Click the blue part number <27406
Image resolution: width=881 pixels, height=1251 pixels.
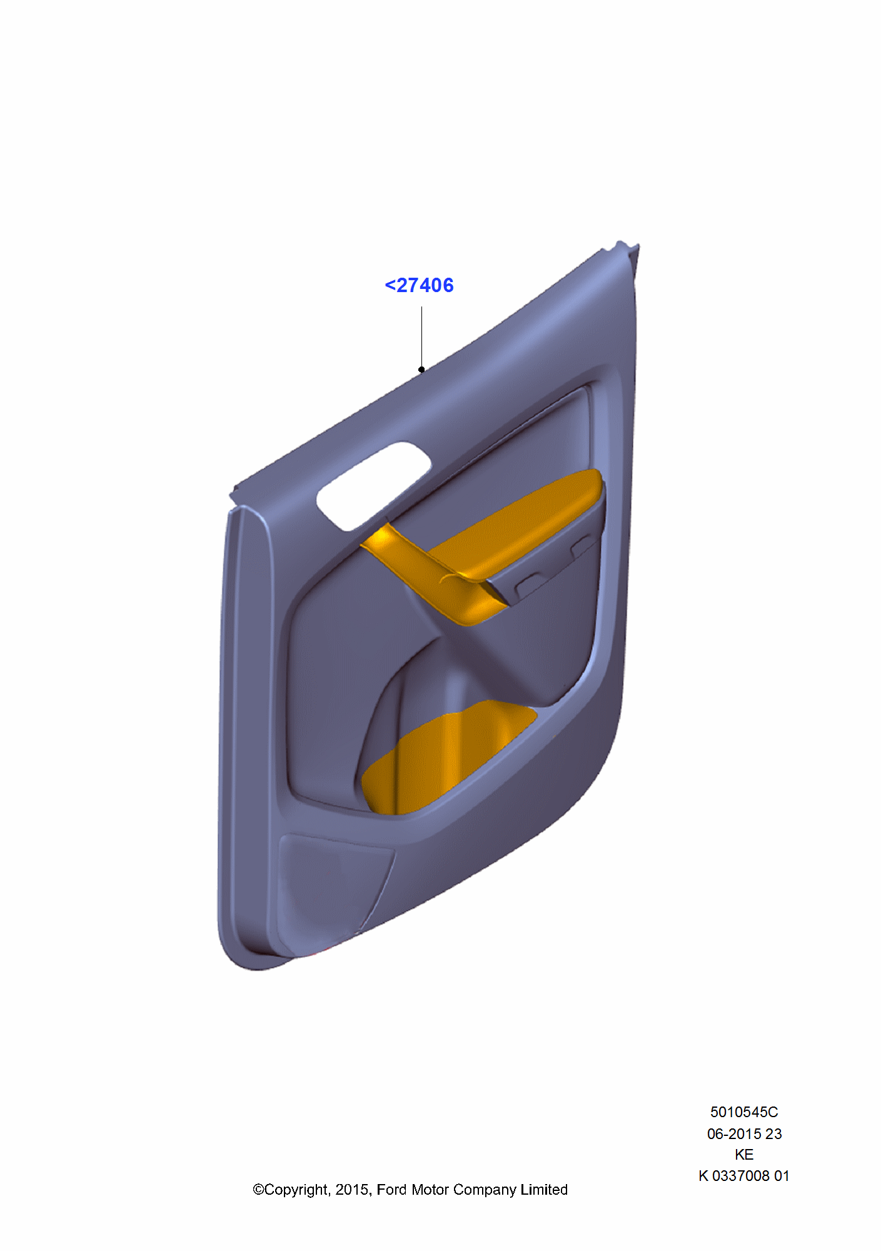[x=419, y=285]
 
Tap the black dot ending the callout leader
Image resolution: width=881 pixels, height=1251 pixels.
[x=421, y=370]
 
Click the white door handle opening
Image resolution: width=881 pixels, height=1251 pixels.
[x=373, y=485]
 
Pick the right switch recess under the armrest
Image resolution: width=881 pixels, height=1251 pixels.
[x=582, y=546]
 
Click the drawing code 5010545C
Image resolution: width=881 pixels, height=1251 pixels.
[x=743, y=1112]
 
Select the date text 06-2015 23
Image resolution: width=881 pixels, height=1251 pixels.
[x=744, y=1133]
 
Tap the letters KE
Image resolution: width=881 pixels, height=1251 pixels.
[x=743, y=1155]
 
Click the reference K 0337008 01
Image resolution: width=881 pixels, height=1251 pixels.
[x=743, y=1176]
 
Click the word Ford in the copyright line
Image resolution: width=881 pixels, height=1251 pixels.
[x=391, y=1190]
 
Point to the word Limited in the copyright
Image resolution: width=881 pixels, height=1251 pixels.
[x=543, y=1190]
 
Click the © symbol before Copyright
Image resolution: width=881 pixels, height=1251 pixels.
[x=258, y=1190]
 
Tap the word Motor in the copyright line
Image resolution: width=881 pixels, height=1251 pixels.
[x=430, y=1190]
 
